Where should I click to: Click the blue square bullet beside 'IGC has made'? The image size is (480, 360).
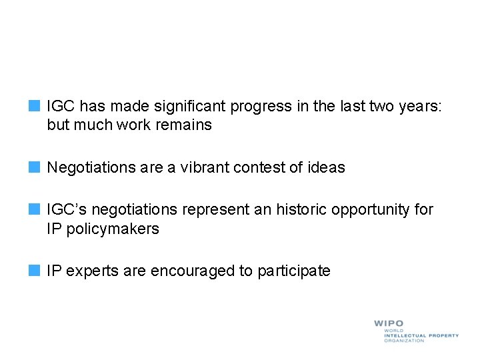35,105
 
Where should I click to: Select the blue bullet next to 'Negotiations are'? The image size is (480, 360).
35,167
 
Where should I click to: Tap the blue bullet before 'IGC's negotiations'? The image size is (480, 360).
35,209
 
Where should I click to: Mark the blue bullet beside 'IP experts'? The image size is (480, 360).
35,271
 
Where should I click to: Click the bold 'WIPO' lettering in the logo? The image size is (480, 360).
389,324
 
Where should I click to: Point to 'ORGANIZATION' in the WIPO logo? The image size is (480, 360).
403,341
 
